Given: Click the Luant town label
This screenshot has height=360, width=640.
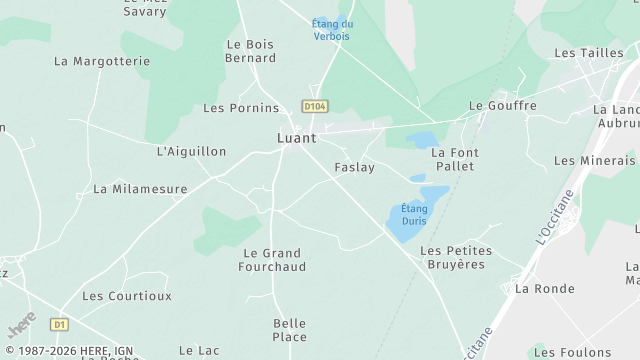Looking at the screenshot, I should (x=296, y=138).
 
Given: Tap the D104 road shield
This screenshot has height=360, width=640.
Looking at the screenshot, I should (x=315, y=105).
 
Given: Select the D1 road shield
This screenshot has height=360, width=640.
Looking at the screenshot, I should (x=60, y=324).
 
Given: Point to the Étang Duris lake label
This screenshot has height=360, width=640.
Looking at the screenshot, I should (x=414, y=214).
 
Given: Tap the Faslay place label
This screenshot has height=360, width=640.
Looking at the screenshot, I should (x=354, y=167).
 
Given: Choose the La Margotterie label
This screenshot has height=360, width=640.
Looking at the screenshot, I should (x=102, y=61).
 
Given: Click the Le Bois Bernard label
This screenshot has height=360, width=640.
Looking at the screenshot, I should (x=251, y=51).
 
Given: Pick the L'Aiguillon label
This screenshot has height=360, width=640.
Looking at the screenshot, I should (x=192, y=151).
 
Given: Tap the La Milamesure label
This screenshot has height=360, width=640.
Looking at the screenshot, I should (x=140, y=188).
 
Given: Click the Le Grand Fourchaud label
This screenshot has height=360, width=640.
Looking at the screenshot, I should (x=272, y=260).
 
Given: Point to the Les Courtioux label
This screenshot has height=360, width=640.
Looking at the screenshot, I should (x=127, y=296).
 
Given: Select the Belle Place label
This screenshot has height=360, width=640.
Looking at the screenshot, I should (x=290, y=330).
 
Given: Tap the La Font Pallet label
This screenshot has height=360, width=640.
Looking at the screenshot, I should (x=455, y=159).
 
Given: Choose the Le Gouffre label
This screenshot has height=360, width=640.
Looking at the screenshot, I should (x=503, y=105).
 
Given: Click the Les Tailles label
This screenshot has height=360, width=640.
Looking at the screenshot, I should (x=589, y=53).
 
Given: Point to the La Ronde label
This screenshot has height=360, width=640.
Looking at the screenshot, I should (x=545, y=288).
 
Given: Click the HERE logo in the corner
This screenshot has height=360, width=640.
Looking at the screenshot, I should (x=21, y=325).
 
